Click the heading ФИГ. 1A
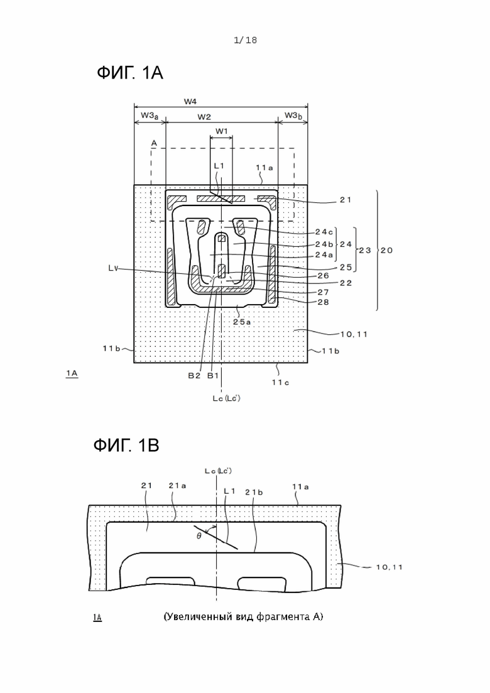pyautogui.click(x=130, y=73)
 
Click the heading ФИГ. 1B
pyautogui.click(x=126, y=445)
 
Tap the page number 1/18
pyautogui.click(x=245, y=40)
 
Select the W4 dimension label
pyautogui.click(x=190, y=102)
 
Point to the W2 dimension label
pyautogui.click(x=204, y=117)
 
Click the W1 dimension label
pyautogui.click(x=221, y=131)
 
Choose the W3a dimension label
pyautogui.click(x=150, y=116)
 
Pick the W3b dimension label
pyautogui.click(x=293, y=116)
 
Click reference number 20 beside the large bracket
pyautogui.click(x=386, y=250)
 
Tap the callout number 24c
pyautogui.click(x=324, y=232)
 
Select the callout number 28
pyautogui.click(x=324, y=302)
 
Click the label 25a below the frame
pyautogui.click(x=242, y=322)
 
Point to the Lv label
pyautogui.click(x=112, y=268)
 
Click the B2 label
pyautogui.click(x=194, y=376)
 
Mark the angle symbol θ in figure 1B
pyautogui.click(x=199, y=536)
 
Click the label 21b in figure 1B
pyautogui.click(x=254, y=493)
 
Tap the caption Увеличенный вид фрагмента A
pyautogui.click(x=243, y=616)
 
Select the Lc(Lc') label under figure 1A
pyautogui.click(x=226, y=398)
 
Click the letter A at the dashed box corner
pyautogui.click(x=154, y=143)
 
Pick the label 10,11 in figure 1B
pyautogui.click(x=389, y=567)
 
